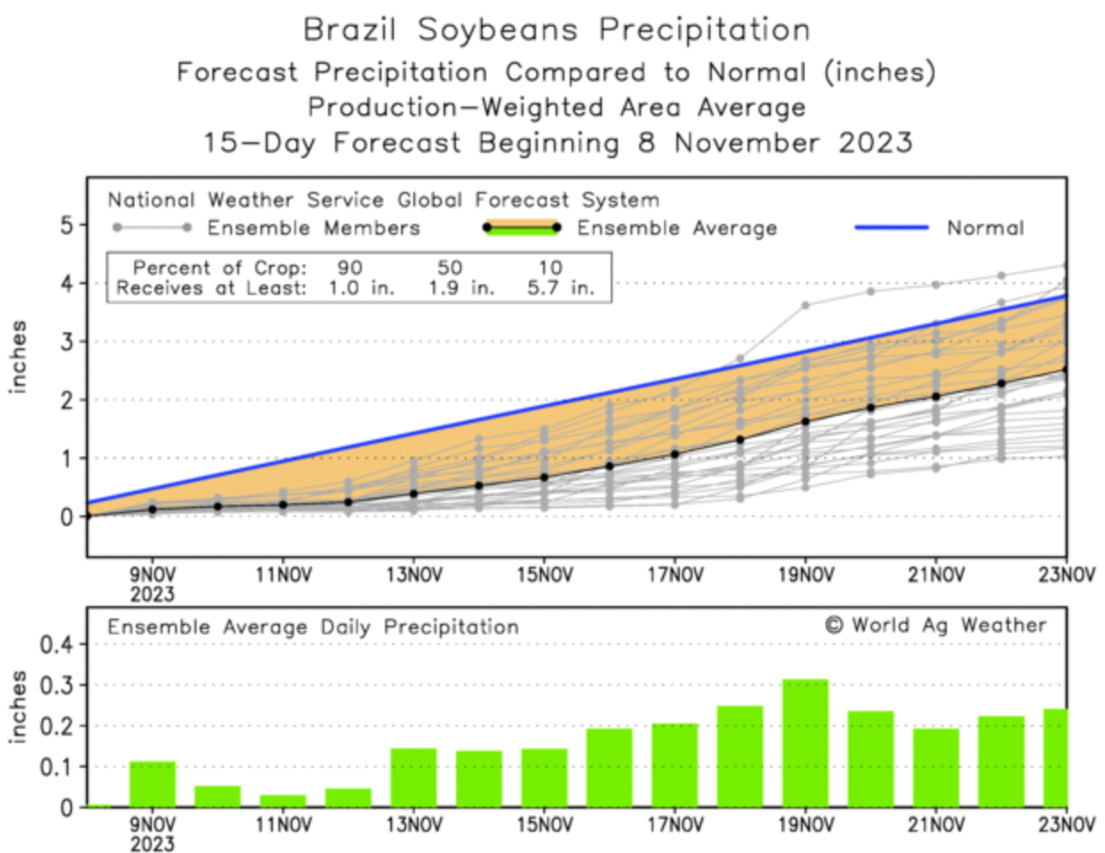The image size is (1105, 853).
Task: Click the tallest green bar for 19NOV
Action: coord(805,743)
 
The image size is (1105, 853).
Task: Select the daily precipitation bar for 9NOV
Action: coord(153,784)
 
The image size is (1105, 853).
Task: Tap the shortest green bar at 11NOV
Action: coord(283,801)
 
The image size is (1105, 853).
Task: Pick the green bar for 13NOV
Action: coord(413,777)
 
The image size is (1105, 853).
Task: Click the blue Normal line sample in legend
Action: coord(891,227)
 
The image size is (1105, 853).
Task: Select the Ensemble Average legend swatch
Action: coord(521,227)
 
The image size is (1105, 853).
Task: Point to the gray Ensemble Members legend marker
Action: coord(151,227)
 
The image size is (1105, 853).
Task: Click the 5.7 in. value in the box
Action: coord(560,288)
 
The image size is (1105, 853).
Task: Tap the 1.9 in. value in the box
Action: coord(460,288)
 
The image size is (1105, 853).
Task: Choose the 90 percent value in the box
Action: coord(349,267)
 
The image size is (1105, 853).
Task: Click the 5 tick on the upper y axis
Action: coord(67,225)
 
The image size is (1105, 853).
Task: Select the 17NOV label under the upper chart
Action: coord(675,576)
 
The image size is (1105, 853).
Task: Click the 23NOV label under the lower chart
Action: coord(1067,825)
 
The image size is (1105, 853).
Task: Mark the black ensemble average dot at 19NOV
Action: coord(805,421)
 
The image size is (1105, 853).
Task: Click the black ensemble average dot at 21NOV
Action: coord(936,396)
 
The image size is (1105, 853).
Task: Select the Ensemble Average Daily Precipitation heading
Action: coord(313,627)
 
